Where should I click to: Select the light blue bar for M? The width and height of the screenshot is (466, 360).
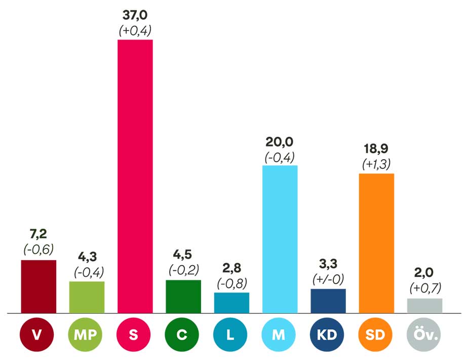(x=280, y=239)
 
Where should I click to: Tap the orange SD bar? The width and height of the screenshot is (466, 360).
(x=376, y=243)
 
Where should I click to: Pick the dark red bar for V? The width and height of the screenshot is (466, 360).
(x=38, y=286)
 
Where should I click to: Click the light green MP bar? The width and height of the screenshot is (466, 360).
(x=87, y=297)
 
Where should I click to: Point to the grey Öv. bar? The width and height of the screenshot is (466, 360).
(x=424, y=305)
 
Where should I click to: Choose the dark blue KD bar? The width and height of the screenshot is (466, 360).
(x=328, y=301)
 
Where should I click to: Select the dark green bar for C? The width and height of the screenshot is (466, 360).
(x=183, y=296)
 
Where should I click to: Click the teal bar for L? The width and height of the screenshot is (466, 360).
(x=231, y=303)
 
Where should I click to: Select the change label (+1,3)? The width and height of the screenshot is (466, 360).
(x=376, y=164)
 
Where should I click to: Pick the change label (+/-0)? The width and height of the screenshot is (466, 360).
(x=328, y=279)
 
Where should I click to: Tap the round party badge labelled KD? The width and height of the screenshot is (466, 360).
(x=328, y=335)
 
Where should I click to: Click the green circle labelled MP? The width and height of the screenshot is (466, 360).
(x=87, y=335)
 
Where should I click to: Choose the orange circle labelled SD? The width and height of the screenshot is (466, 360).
(x=376, y=335)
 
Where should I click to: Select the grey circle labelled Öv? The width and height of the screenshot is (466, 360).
(x=424, y=335)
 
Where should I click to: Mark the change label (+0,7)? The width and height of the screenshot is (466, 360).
(x=424, y=288)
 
